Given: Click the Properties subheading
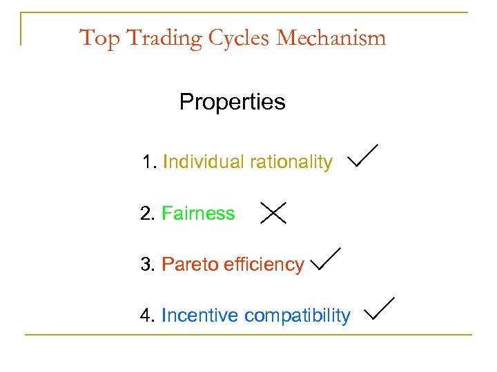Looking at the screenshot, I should [232, 103].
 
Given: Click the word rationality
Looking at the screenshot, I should [291, 163].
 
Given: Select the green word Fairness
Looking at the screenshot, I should [198, 214].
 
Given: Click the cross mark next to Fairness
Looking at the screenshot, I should [273, 213].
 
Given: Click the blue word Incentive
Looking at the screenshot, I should [200, 316].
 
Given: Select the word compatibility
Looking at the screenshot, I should [298, 316].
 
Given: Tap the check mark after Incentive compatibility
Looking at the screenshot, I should [379, 309].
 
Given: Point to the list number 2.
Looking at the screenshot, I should [146, 214].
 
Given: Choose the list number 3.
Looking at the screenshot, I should [146, 265].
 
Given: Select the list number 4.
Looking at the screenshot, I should [146, 316].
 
